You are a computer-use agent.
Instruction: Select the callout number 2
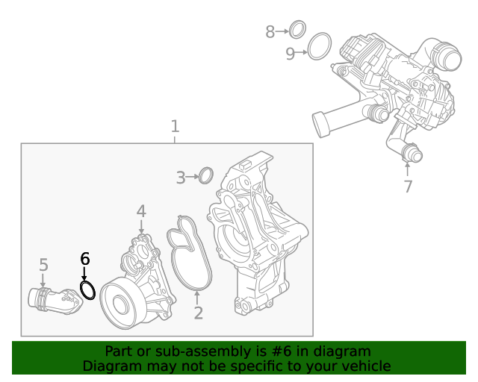point(198,313)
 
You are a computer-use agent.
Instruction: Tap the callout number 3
point(181,178)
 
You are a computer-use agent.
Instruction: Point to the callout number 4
point(141,212)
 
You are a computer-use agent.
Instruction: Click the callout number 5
point(43,265)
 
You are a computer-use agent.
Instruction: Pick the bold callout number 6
point(84,259)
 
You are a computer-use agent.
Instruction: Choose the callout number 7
point(408,187)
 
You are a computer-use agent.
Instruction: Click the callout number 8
point(270,31)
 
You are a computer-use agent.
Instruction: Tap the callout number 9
point(290,53)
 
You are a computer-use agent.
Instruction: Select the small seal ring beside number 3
point(206,176)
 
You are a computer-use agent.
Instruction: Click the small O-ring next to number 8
point(297,30)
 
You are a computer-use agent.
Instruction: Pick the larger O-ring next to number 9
point(320,46)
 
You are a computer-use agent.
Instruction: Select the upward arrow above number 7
point(408,169)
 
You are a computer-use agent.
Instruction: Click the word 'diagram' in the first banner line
point(342,351)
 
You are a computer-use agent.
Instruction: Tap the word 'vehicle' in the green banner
point(365,366)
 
